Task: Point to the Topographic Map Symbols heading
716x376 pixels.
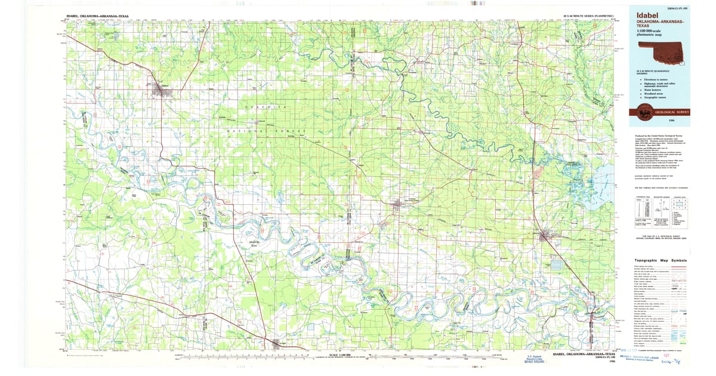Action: point(660,261)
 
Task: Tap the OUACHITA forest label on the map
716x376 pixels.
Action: point(266,106)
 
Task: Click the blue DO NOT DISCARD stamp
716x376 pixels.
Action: point(536,360)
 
